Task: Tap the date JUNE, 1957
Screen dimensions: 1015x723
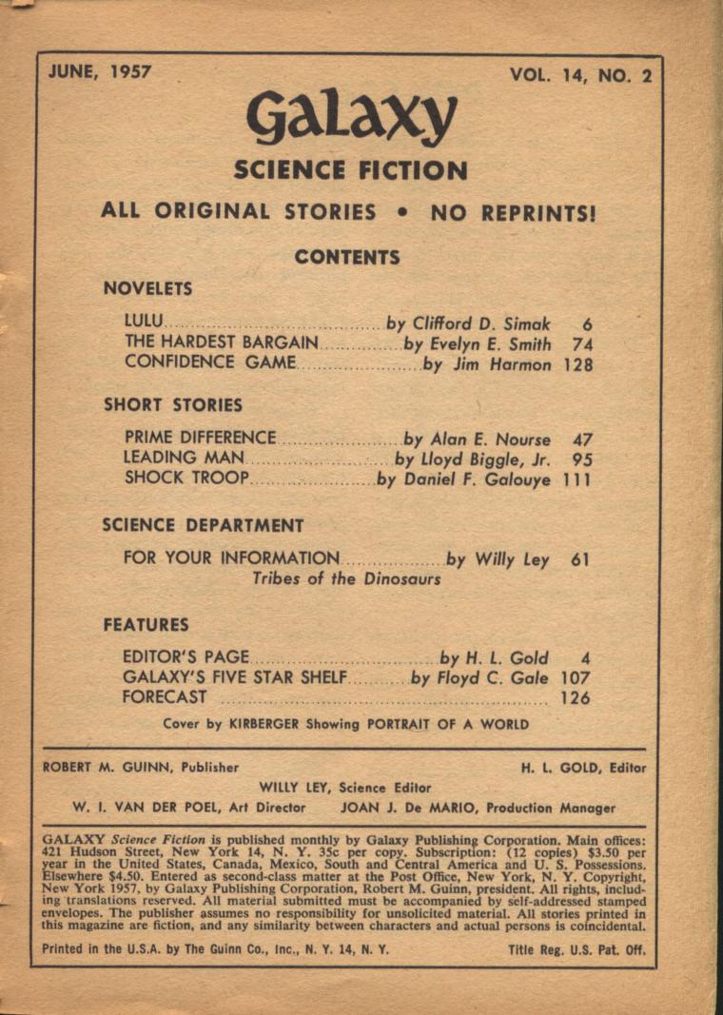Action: point(99,72)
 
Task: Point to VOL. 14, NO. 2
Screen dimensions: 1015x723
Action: point(580,76)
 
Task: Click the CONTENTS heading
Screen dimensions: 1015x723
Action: point(346,257)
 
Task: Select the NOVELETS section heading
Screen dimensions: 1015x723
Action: point(147,288)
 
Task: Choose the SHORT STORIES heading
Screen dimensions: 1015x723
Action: point(173,404)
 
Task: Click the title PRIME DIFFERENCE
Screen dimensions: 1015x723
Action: point(201,439)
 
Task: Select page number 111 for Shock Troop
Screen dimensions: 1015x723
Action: point(576,480)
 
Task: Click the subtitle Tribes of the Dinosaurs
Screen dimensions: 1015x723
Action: point(346,578)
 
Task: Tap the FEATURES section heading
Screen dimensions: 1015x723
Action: point(147,625)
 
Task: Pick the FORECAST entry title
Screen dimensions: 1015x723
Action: point(165,697)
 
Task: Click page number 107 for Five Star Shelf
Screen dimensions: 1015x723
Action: point(576,678)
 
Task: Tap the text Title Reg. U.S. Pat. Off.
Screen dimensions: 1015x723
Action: point(576,949)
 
